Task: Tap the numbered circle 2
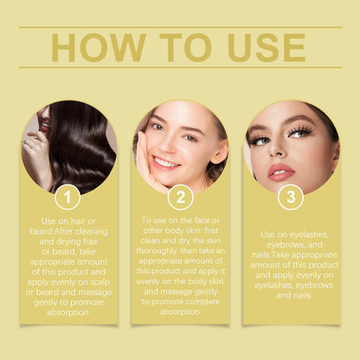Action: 180,197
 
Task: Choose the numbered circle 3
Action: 291,197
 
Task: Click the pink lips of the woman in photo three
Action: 281,170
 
